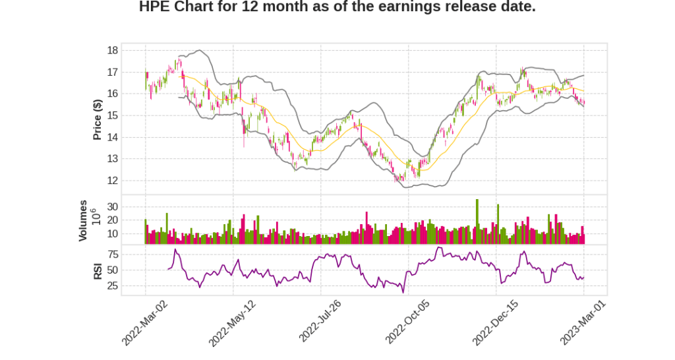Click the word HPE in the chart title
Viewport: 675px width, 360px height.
coord(156,7)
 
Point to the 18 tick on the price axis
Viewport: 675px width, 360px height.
coord(113,50)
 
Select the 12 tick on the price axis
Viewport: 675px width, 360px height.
coord(113,181)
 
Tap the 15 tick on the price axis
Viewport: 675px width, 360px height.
coord(113,115)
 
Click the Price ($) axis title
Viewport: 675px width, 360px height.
coord(98,119)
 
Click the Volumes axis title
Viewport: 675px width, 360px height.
coord(83,220)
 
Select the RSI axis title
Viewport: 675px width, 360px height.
coord(98,270)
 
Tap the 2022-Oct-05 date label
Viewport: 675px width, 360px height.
coord(407,322)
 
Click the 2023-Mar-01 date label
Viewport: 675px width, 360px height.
coord(582,322)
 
